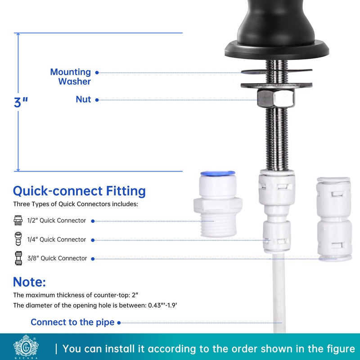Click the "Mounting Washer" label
pyautogui.click(x=71, y=76)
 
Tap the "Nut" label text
pyautogui.click(x=83, y=99)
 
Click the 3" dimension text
pyautogui.click(x=21, y=102)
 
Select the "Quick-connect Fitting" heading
pyautogui.click(x=79, y=191)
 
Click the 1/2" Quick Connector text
pyautogui.click(x=56, y=220)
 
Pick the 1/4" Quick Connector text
pyautogui.click(x=56, y=239)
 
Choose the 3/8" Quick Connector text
pyautogui.click(x=56, y=258)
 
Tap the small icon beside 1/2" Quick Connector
pyautogui.click(x=18, y=220)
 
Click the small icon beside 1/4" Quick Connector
pyautogui.click(x=18, y=239)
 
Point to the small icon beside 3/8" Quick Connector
pyautogui.click(x=18, y=258)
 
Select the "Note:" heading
pyautogui.click(x=29, y=282)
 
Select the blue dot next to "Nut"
pyautogui.click(x=98, y=100)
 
